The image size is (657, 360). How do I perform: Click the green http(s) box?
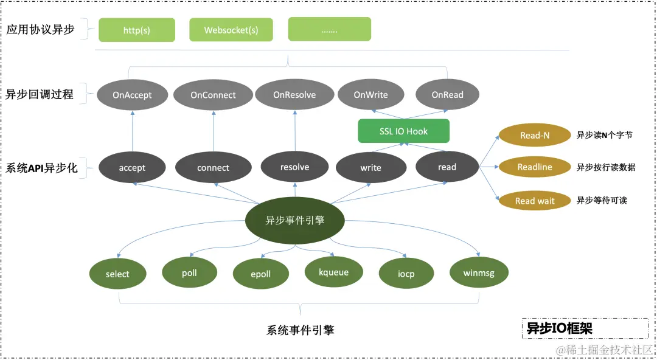point(137,30)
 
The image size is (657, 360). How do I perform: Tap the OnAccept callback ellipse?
point(132,95)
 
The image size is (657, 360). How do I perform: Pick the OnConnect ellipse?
point(213,95)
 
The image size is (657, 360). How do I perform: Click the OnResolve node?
point(294,95)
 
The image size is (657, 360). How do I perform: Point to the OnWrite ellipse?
point(370,95)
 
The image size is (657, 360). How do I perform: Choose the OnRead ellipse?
point(447,95)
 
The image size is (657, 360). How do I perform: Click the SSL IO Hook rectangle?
point(403,131)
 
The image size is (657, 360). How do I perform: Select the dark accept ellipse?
point(132,168)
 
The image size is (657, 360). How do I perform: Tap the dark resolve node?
point(294,167)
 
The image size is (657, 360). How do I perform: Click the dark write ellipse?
point(370,168)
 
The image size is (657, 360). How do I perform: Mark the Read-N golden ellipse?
point(535,135)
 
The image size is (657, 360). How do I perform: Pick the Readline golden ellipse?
point(535,167)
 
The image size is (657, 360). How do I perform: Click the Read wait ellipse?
point(535,201)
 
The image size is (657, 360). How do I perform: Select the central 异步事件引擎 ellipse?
point(295,220)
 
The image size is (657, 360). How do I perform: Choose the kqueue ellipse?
point(333,272)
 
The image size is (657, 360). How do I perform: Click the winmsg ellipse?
point(479,273)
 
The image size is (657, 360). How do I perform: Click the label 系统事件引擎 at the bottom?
point(301,331)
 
